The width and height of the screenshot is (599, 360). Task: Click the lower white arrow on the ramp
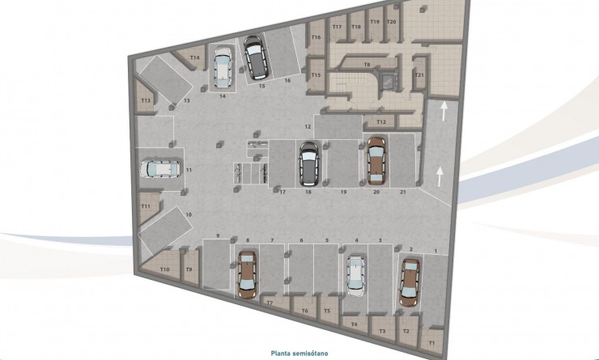pyautogui.click(x=440, y=174)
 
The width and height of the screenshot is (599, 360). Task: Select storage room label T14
pyautogui.click(x=194, y=57)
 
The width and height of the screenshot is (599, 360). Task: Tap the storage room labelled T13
pyautogui.click(x=146, y=100)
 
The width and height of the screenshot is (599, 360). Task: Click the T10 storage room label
pyautogui.click(x=164, y=269)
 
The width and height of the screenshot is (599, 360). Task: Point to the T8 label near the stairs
pyautogui.click(x=367, y=64)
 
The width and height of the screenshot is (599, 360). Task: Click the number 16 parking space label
pyautogui.click(x=287, y=81)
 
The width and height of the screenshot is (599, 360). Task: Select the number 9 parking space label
pyautogui.click(x=218, y=235)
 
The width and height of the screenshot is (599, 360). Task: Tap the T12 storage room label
pyautogui.click(x=381, y=122)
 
